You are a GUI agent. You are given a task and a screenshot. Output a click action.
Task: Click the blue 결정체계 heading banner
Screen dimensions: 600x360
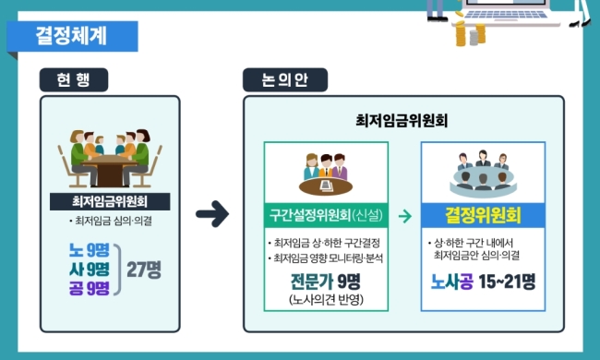click(x=72, y=36)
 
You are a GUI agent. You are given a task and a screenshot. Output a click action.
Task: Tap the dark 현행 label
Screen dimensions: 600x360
click(x=74, y=79)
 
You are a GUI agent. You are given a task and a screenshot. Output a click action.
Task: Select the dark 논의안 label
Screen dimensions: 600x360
click(x=285, y=79)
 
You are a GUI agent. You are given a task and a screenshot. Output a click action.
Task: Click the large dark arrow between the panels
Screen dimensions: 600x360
click(x=212, y=213)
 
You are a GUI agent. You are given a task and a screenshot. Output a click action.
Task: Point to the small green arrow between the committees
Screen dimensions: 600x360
click(x=405, y=216)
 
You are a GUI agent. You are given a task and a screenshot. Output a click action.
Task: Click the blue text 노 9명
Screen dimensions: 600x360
click(x=90, y=250)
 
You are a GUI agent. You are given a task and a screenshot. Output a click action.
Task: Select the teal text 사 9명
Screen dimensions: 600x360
click(x=90, y=269)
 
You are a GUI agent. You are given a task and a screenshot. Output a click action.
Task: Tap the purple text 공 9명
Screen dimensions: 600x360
click(x=90, y=288)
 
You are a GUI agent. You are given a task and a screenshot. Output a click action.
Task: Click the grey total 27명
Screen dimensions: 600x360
click(x=144, y=270)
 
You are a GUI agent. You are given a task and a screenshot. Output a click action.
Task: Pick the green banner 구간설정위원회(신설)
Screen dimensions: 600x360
click(x=326, y=215)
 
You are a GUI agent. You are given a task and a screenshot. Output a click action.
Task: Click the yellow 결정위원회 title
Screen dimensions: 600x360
click(x=483, y=215)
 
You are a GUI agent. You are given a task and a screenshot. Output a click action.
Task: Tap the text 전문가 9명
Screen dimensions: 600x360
click(x=326, y=282)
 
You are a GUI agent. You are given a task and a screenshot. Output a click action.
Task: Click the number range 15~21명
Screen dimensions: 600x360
click(x=507, y=282)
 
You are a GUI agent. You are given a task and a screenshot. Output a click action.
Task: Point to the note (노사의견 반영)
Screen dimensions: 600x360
click(x=327, y=299)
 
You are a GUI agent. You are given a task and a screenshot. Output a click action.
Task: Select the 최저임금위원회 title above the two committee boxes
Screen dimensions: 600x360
click(x=402, y=121)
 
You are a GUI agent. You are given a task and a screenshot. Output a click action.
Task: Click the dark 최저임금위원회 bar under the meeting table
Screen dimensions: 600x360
click(x=110, y=201)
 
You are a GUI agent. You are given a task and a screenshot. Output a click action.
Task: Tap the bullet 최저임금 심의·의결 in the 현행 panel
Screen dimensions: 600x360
click(x=111, y=221)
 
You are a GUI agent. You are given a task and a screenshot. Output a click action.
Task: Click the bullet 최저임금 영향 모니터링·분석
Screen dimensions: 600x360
click(x=326, y=258)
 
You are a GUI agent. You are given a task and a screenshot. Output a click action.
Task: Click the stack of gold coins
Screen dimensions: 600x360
click(x=470, y=33)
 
